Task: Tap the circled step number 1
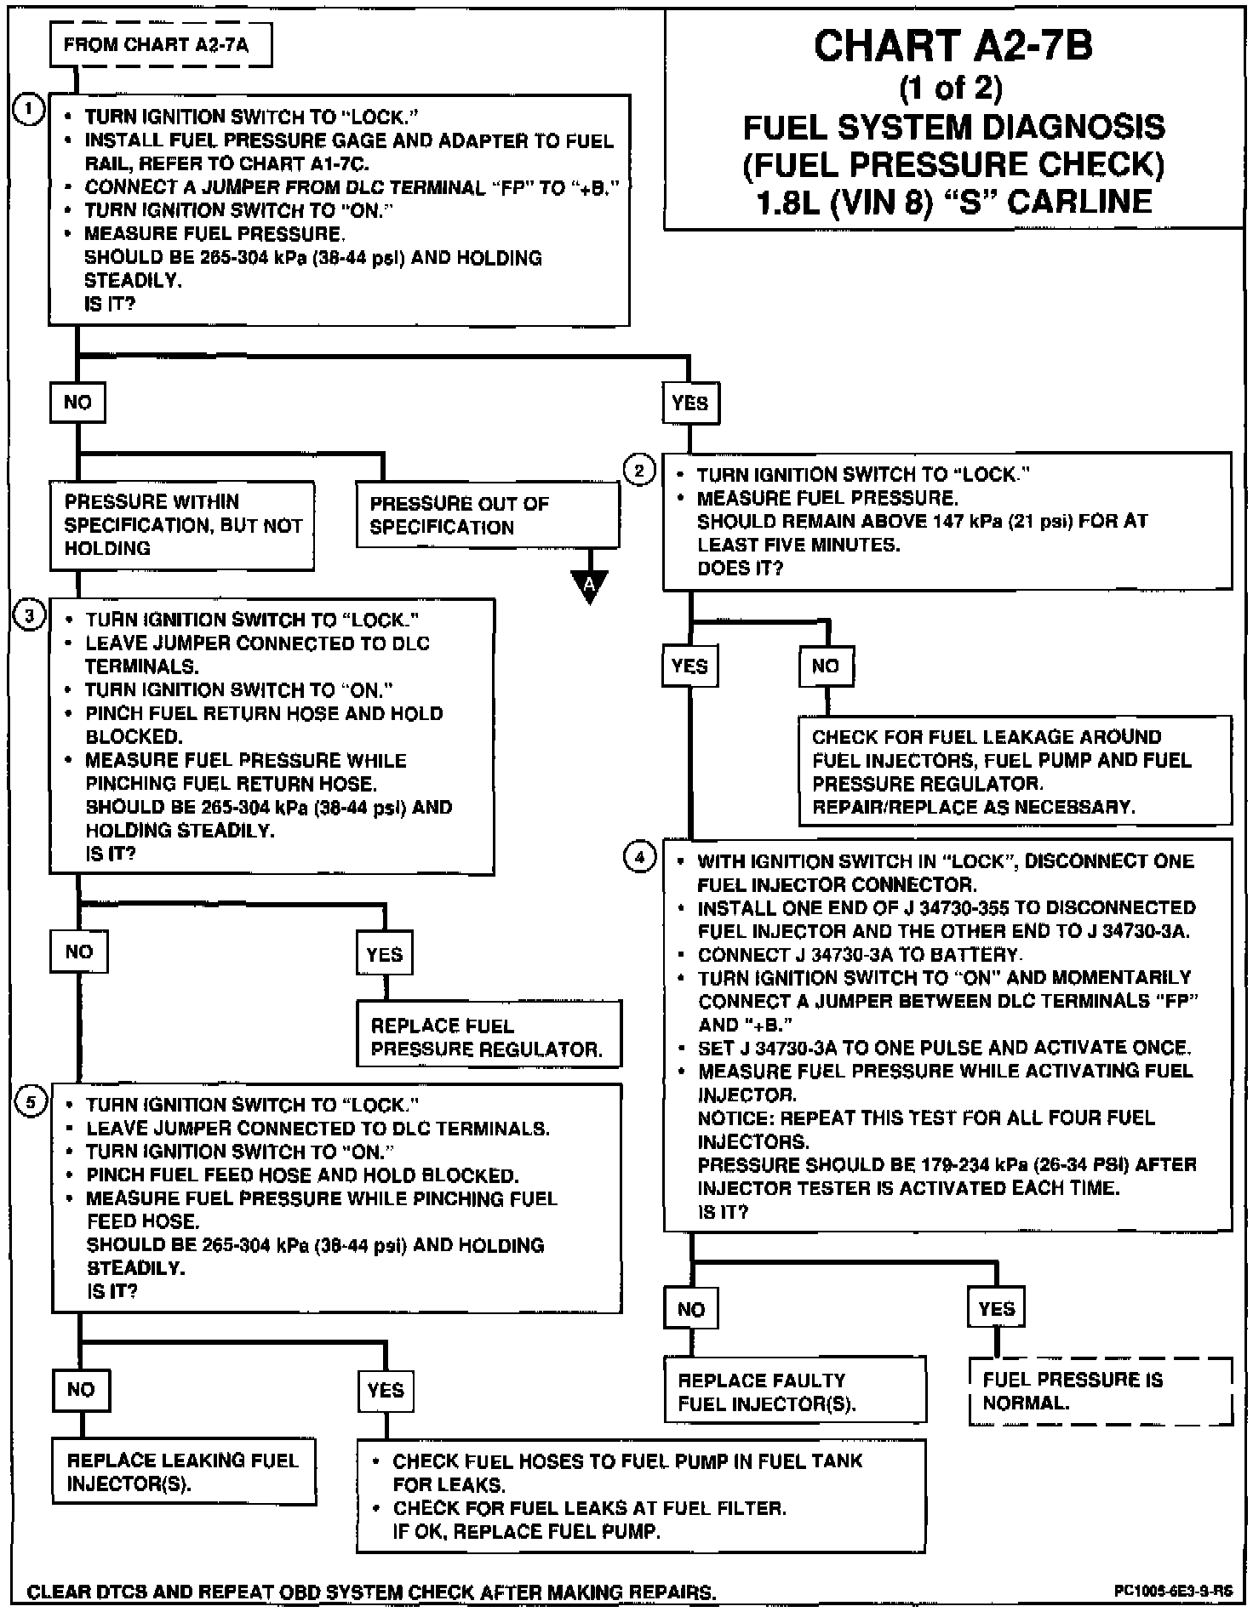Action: pyautogui.click(x=28, y=110)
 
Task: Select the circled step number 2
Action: pyautogui.click(x=639, y=470)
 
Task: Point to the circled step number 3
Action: pyautogui.click(x=29, y=615)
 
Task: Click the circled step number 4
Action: pyautogui.click(x=639, y=857)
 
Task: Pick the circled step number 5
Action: pyautogui.click(x=30, y=1103)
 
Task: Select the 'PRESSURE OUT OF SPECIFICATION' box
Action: pyautogui.click(x=487, y=515)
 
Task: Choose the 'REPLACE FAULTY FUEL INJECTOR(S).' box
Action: pyautogui.click(x=794, y=1391)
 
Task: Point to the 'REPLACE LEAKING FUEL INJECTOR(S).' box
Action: pyautogui.click(x=183, y=1472)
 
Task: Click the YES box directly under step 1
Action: pyautogui.click(x=689, y=403)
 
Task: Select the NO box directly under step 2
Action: pyautogui.click(x=826, y=666)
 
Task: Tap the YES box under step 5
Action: pyautogui.click(x=386, y=1390)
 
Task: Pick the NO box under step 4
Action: pyautogui.click(x=691, y=1308)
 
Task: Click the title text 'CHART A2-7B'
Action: pyautogui.click(x=953, y=46)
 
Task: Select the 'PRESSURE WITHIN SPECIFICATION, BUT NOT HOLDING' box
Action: pyautogui.click(x=181, y=525)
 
